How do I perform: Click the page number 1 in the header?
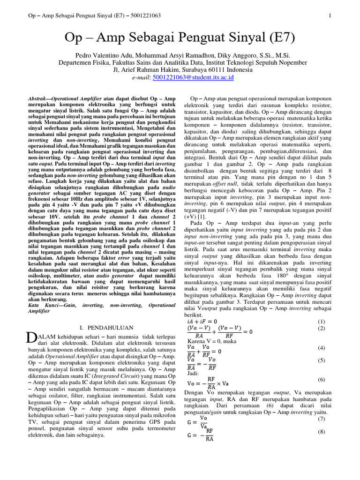(x=330, y=15)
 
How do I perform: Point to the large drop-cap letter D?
(x=31, y=338)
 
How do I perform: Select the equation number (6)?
(x=321, y=379)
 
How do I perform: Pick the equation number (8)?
(x=321, y=431)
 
